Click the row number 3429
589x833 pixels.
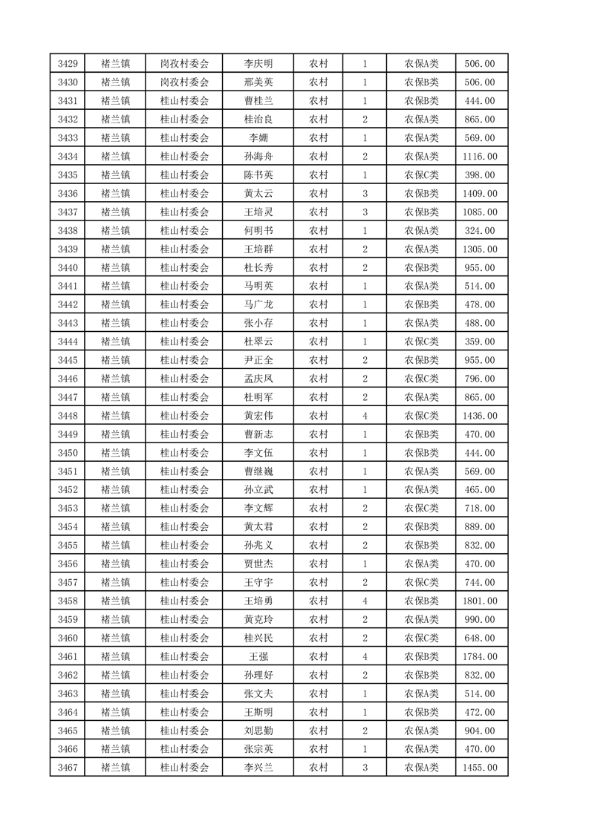pyautogui.click(x=67, y=64)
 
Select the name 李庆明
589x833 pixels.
pyautogui.click(x=258, y=64)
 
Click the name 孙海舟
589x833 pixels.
pyautogui.click(x=258, y=157)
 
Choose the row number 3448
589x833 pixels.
pyautogui.click(x=67, y=416)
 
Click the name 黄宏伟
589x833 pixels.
pyautogui.click(x=258, y=416)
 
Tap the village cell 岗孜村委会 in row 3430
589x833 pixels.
pyautogui.click(x=184, y=82)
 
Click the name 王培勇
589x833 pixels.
pyautogui.click(x=258, y=601)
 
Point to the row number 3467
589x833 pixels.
pyautogui.click(x=67, y=768)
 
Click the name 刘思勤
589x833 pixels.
pyautogui.click(x=258, y=731)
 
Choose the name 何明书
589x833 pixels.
pyautogui.click(x=258, y=231)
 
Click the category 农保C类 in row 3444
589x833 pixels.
pyautogui.click(x=421, y=342)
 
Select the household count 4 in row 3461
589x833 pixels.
pyautogui.click(x=365, y=656)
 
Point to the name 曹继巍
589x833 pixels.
pyautogui.click(x=258, y=471)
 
